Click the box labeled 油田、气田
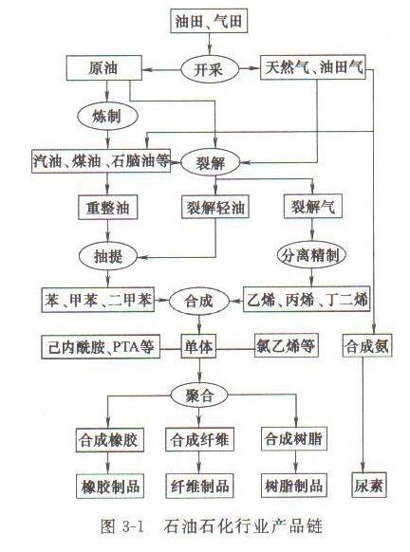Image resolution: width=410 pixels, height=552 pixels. point(209,21)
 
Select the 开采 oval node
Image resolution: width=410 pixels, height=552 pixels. point(210,69)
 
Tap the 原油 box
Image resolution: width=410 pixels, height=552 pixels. point(103,68)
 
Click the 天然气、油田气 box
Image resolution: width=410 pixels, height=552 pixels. point(313,67)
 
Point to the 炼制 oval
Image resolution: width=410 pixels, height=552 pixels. point(107,116)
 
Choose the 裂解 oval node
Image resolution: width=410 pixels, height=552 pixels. point(211,162)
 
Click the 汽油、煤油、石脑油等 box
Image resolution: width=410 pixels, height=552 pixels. point(102,161)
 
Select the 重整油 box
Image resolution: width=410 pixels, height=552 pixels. point(107,208)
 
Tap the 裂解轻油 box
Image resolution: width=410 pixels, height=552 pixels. point(215,207)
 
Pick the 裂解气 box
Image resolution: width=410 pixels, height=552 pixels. point(313,207)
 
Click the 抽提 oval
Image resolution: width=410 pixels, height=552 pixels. point(108,256)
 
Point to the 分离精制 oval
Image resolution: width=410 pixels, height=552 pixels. point(311,255)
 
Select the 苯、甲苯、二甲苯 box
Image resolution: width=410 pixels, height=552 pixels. point(98,300)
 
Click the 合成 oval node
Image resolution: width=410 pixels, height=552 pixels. point(199,301)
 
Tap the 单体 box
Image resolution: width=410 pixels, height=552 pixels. point(198,346)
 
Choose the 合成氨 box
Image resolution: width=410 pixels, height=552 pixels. point(367,345)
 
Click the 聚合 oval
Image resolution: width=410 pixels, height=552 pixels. point(199,395)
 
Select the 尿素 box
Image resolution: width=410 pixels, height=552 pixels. point(369,485)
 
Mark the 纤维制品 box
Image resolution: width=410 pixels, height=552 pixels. point(199,486)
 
